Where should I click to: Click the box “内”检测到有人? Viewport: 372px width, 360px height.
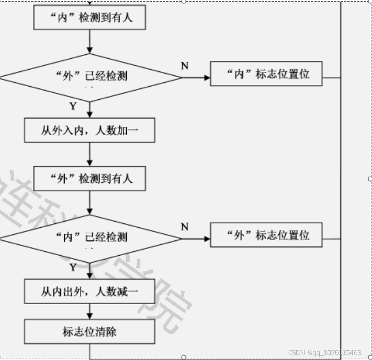click(x=90, y=18)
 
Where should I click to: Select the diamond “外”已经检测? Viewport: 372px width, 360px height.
click(x=91, y=77)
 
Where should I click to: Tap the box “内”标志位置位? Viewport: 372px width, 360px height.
click(x=266, y=74)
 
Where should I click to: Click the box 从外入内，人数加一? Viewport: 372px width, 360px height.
click(x=90, y=131)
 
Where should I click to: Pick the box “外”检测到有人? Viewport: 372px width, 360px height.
click(x=90, y=179)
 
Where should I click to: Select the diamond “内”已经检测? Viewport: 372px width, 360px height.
click(x=91, y=238)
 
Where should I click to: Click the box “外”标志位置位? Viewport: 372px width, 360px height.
click(x=266, y=235)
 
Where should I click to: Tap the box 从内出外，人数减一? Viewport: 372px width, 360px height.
click(x=90, y=291)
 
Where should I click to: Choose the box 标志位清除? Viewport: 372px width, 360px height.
click(x=90, y=331)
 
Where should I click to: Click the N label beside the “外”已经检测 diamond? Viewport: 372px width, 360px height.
click(x=185, y=66)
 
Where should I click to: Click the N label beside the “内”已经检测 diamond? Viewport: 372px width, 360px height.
click(x=185, y=227)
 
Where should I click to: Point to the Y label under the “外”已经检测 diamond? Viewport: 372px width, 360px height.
click(x=72, y=106)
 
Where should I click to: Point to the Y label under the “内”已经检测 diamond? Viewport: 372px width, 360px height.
click(x=72, y=267)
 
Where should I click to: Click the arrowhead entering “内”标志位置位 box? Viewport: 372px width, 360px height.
click(x=207, y=77)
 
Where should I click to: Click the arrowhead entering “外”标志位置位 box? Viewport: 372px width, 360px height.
click(x=207, y=239)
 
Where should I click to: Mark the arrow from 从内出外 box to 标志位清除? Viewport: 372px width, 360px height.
click(x=90, y=312)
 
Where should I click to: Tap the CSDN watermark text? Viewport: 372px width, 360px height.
click(x=324, y=352)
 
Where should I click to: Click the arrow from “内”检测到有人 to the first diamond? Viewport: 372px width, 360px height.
click(x=90, y=42)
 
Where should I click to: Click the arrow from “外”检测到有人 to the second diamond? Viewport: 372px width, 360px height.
click(x=90, y=203)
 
